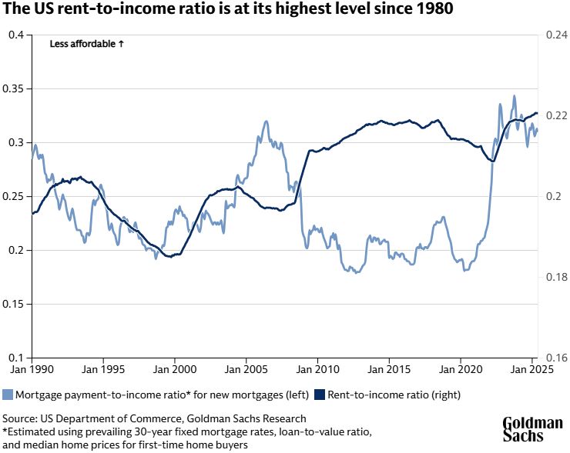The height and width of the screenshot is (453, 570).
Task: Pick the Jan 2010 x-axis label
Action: click(317, 370)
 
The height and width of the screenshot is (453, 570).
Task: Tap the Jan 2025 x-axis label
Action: click(533, 370)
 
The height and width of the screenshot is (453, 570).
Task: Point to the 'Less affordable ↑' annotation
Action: click(87, 45)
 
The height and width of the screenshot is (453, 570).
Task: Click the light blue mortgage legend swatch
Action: click(8, 395)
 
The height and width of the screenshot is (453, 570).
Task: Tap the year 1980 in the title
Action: click(434, 11)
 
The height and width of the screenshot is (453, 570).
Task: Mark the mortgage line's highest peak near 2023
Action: click(514, 96)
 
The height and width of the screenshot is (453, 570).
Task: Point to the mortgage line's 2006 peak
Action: click(266, 121)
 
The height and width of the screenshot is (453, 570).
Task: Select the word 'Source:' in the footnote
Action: click(22, 418)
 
